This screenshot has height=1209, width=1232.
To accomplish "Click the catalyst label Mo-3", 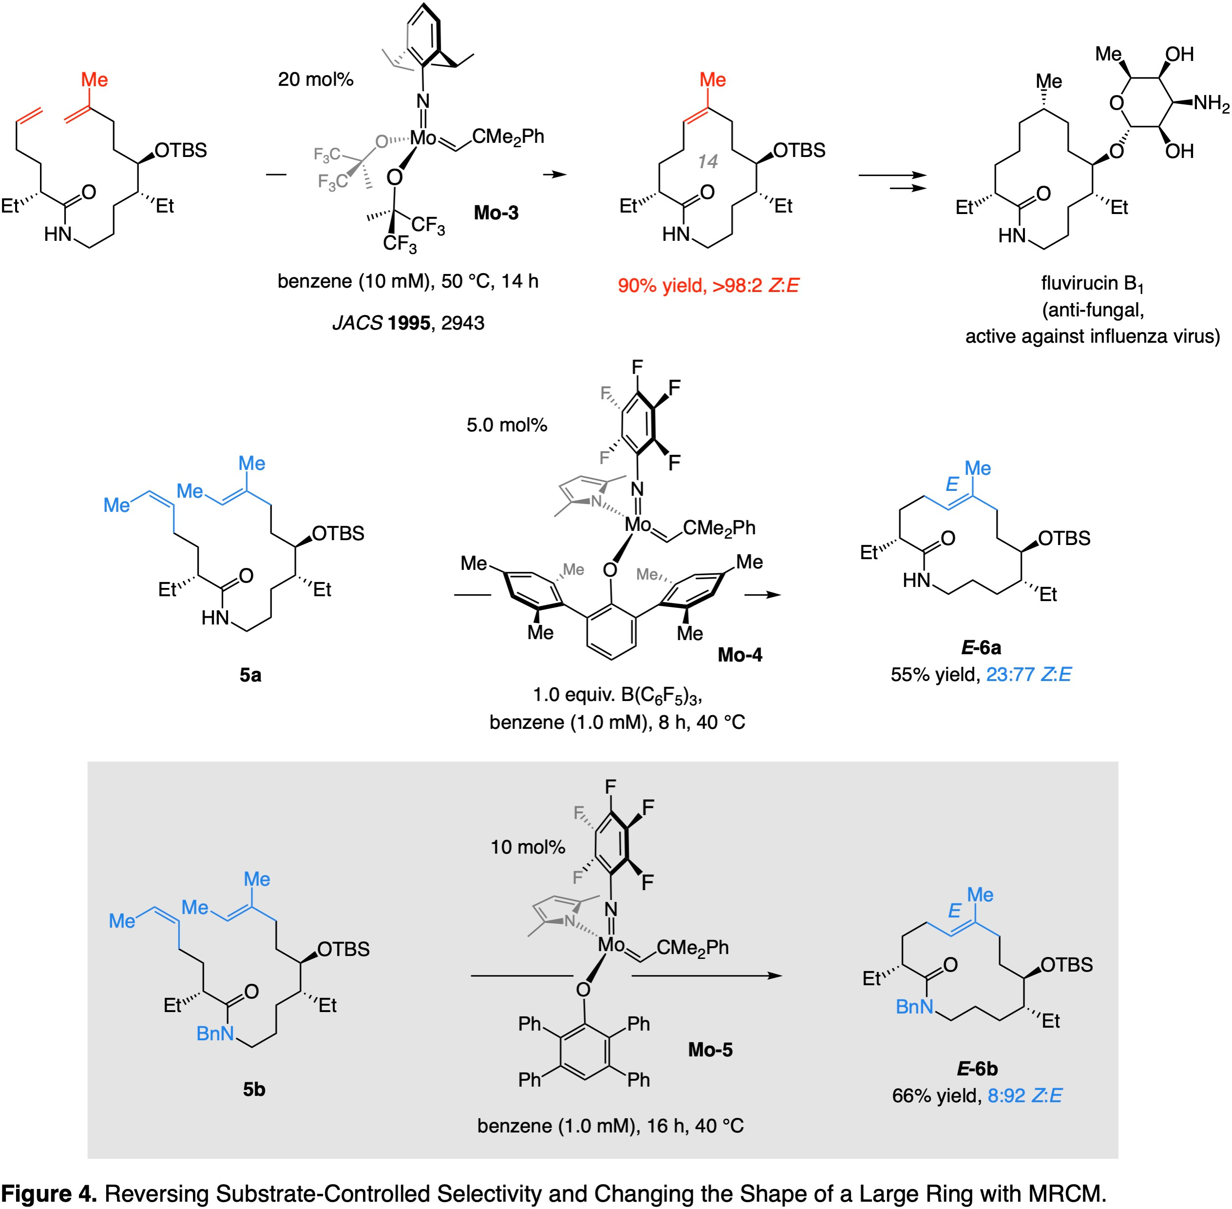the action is (x=496, y=212).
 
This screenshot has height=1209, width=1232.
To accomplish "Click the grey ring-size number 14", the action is (x=707, y=162).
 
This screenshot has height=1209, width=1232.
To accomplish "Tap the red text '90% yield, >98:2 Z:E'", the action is (x=708, y=286).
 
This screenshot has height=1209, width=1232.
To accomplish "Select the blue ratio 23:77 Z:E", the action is (x=1028, y=674).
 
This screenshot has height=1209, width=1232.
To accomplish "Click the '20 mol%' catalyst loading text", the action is (x=315, y=79).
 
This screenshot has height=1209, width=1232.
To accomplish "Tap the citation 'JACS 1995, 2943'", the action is (x=408, y=323).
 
